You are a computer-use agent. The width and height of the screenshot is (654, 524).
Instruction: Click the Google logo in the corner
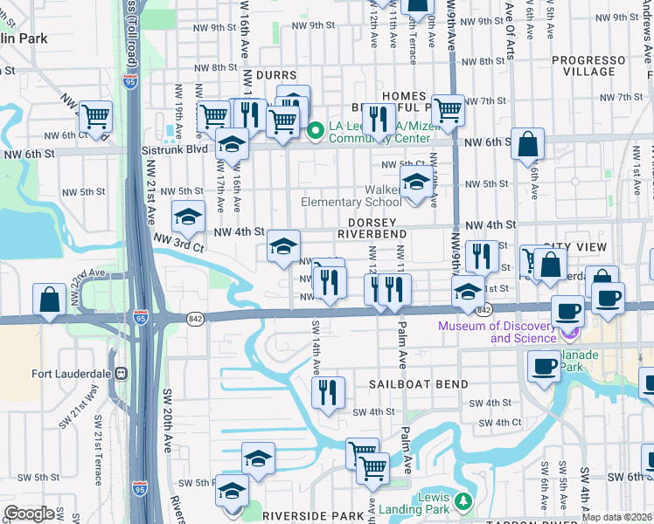29,514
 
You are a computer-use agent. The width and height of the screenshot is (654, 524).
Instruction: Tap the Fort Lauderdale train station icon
122,373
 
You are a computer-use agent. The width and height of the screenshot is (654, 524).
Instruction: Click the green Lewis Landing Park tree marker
463,501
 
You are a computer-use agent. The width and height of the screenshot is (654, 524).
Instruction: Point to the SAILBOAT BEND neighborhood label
418,384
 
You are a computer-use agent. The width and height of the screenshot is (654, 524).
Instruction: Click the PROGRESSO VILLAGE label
596,66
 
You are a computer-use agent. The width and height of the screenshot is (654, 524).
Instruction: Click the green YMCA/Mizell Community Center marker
316,131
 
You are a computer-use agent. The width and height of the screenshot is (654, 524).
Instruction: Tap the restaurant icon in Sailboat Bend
329,392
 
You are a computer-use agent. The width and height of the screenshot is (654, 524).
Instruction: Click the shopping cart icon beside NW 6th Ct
95,116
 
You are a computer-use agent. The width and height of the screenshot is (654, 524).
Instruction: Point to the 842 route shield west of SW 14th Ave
195,319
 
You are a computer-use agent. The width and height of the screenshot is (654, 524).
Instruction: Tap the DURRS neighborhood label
276,76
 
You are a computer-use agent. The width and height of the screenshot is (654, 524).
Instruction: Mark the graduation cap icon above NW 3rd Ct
188,216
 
